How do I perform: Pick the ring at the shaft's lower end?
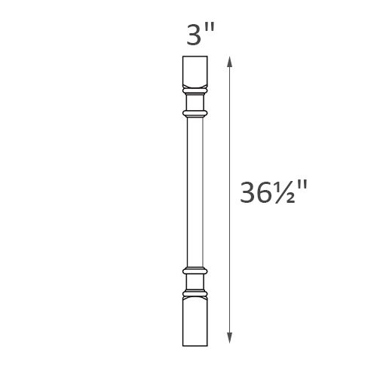point(195,269)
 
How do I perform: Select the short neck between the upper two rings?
point(195,103)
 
